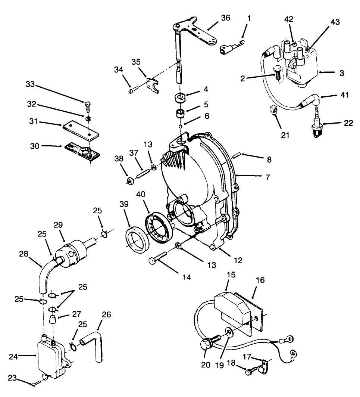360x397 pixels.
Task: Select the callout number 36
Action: [x=225, y=18]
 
